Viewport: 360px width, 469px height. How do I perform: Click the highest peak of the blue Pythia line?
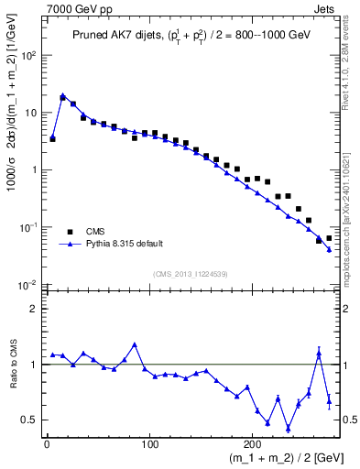(62, 95)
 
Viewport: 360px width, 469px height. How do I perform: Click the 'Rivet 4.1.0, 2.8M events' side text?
(352, 73)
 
